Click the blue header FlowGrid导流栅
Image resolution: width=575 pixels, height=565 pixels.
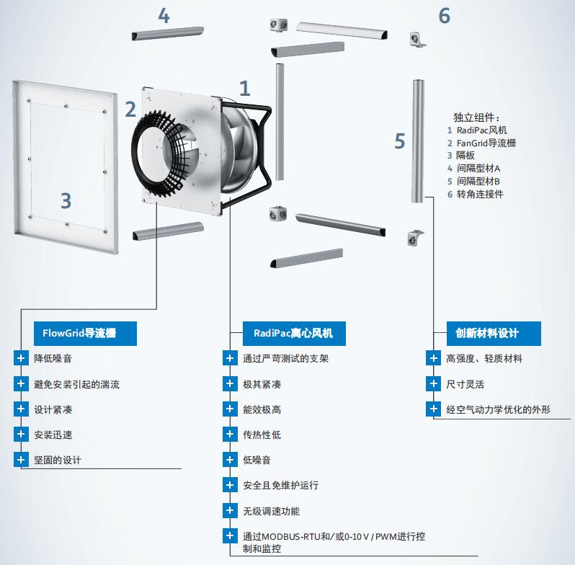coord(85,334)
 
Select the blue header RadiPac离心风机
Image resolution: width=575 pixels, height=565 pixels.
coord(294,334)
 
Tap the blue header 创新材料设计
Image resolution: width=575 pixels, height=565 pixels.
coord(494,334)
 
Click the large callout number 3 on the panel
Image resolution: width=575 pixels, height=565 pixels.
coord(66,200)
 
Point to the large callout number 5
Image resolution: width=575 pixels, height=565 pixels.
coord(400,141)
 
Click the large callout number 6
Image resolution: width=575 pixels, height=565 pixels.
coord(445,16)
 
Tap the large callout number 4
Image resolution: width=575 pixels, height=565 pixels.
coord(164,16)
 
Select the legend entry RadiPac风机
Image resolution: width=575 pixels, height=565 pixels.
coord(482,130)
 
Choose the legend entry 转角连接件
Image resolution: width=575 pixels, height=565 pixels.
coord(480,194)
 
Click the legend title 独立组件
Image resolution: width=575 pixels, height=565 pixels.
coord(476,117)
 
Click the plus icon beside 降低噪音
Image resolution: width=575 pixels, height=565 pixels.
coord(21,358)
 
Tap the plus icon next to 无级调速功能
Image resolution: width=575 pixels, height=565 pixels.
coord(230,510)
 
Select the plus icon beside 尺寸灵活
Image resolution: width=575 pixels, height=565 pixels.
coord(434,384)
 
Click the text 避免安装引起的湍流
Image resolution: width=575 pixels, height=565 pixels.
coord(76,385)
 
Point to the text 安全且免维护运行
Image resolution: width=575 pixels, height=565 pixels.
coord(281,486)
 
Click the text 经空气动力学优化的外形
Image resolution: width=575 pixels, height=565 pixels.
coord(499,410)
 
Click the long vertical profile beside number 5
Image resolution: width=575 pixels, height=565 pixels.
coord(418,141)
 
